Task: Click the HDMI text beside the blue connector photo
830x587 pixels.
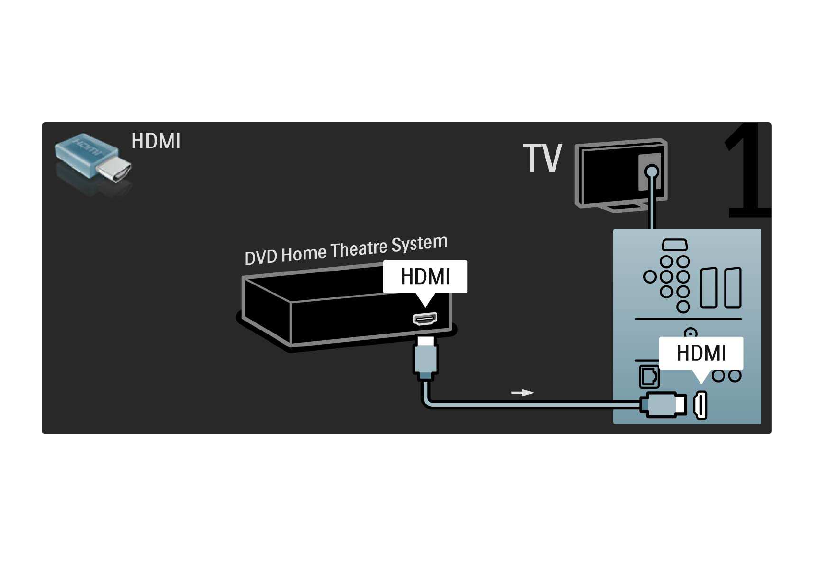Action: [156, 141]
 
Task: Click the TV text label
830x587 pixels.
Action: [542, 158]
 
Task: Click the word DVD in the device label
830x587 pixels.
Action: [261, 257]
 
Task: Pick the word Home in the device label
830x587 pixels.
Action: [304, 253]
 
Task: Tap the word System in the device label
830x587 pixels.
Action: [419, 243]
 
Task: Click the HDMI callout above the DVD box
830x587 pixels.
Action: [425, 277]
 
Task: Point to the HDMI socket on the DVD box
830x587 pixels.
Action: [425, 319]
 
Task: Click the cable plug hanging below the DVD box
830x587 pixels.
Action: [425, 358]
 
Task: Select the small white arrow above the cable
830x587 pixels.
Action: [522, 393]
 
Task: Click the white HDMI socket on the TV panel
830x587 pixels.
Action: [701, 405]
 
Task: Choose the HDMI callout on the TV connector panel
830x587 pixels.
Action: [701, 353]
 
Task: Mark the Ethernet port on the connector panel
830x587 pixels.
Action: [649, 376]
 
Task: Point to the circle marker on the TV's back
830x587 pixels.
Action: [652, 172]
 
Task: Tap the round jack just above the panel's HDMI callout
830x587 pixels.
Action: [691, 333]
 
